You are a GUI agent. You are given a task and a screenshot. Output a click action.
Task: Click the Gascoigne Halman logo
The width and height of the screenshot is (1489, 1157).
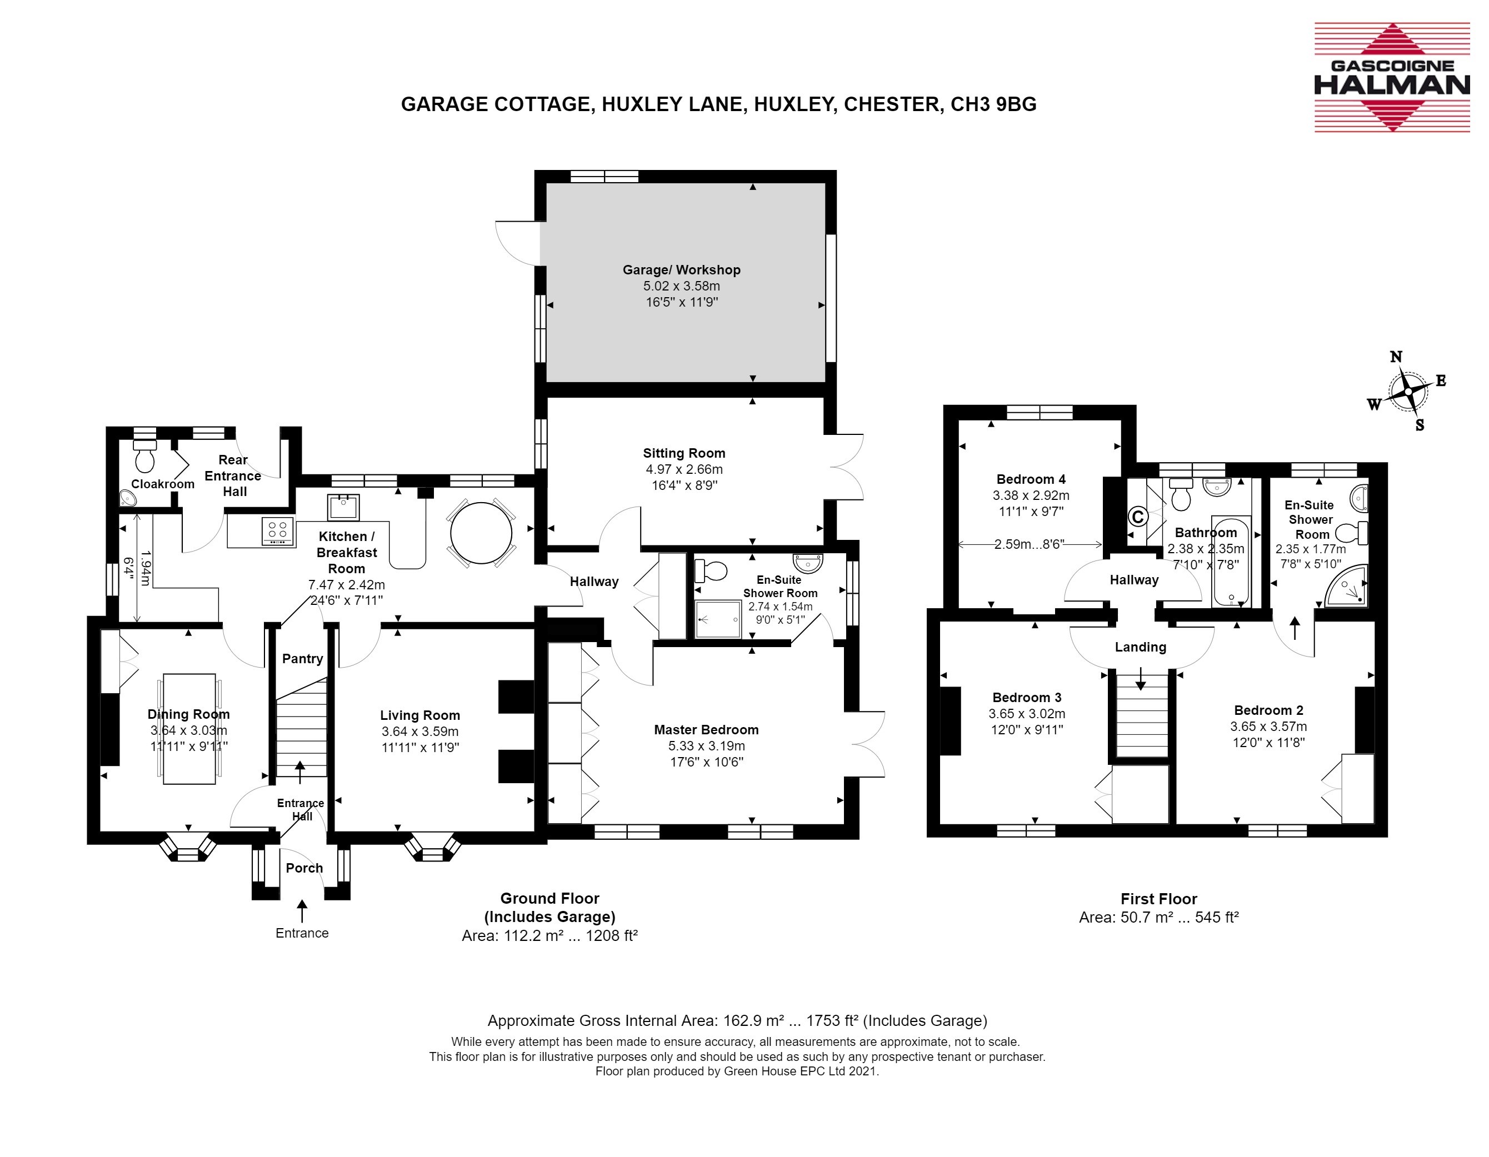pyautogui.click(x=1392, y=77)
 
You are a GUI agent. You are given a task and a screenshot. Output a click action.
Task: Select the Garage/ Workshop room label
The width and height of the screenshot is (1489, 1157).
pyautogui.click(x=681, y=270)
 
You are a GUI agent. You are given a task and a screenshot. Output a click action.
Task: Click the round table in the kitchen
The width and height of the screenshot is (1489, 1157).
pyautogui.click(x=481, y=533)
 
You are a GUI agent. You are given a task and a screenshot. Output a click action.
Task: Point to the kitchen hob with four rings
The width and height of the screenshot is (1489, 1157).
pyautogui.click(x=277, y=532)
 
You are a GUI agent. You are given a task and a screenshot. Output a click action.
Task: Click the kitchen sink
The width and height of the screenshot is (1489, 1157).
pyautogui.click(x=343, y=507)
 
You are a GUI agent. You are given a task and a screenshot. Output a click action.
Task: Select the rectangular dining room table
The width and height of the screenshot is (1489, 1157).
pyautogui.click(x=189, y=729)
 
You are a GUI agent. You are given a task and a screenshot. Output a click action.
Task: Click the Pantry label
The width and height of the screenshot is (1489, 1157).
pyautogui.click(x=303, y=659)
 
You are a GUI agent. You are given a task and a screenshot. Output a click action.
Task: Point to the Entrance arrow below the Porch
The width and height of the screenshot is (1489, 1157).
pyautogui.click(x=302, y=911)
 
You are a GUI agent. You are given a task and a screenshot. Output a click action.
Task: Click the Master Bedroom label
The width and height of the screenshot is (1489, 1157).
pyautogui.click(x=706, y=729)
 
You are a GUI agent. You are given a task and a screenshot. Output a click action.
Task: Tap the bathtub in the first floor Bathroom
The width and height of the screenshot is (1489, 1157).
pyautogui.click(x=1231, y=561)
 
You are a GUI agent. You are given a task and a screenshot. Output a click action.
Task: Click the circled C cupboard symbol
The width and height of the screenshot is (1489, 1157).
pyautogui.click(x=1137, y=517)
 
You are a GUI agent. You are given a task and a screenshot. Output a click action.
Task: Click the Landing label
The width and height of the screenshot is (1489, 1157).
pyautogui.click(x=1141, y=647)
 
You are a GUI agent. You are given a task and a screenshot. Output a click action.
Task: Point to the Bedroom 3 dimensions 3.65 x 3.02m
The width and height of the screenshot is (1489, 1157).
pyautogui.click(x=1027, y=714)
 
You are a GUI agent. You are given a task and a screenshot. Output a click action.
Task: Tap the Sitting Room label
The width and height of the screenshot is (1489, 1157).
pyautogui.click(x=684, y=453)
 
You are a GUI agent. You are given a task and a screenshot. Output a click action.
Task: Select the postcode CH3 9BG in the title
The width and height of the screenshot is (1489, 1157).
pyautogui.click(x=993, y=104)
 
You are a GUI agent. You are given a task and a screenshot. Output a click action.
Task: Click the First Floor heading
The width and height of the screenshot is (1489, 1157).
pyautogui.click(x=1159, y=899)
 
